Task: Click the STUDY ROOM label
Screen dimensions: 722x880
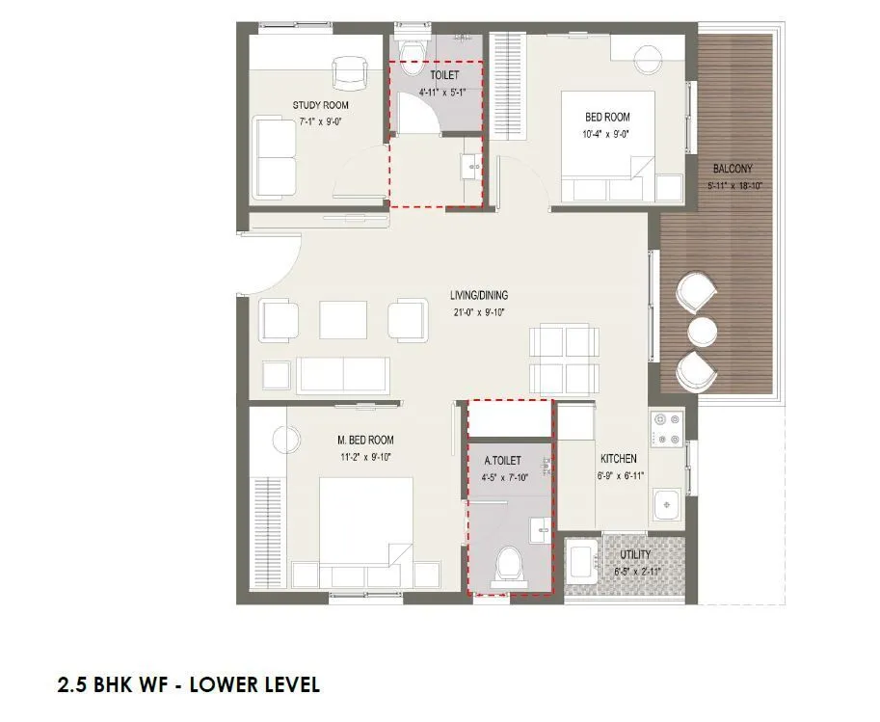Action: tap(321, 105)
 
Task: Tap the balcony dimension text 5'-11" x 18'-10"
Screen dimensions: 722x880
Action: tap(737, 185)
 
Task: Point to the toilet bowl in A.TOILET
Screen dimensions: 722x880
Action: tap(507, 566)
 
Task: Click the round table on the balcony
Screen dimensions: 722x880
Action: tap(702, 332)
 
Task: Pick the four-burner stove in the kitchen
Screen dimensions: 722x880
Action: tap(667, 430)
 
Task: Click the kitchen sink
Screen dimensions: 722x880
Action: tap(666, 504)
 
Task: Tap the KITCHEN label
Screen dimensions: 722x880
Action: tap(618, 459)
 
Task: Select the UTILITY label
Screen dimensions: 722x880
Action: tap(635, 555)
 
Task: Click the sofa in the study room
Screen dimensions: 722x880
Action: tap(275, 156)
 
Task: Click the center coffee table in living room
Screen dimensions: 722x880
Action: tap(343, 319)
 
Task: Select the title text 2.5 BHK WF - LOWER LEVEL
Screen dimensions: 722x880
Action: tap(189, 685)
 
